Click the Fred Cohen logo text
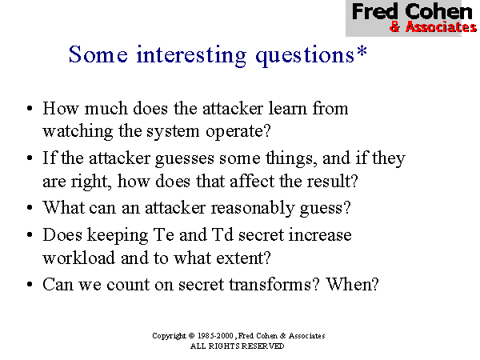click(412, 12)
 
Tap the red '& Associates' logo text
click(433, 27)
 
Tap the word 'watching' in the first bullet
click(76, 128)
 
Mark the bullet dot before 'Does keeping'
click(29, 236)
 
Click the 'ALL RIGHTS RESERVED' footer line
click(237, 346)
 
